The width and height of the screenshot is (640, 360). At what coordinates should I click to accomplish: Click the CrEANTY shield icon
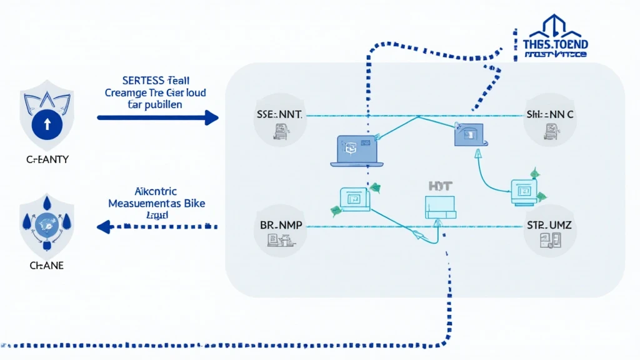pos(47,119)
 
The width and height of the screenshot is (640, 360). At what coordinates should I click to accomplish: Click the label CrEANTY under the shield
pos(47,160)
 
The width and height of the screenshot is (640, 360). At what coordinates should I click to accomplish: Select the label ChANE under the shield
pos(47,266)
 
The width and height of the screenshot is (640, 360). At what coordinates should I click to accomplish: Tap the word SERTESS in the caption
pos(139,81)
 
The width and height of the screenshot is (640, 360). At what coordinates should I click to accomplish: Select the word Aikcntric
pos(156,192)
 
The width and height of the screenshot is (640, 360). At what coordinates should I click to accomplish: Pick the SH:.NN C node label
pos(549,115)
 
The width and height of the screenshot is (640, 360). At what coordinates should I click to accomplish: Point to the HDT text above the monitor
pos(436,186)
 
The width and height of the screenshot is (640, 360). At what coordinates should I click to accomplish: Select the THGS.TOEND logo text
pos(556,45)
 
